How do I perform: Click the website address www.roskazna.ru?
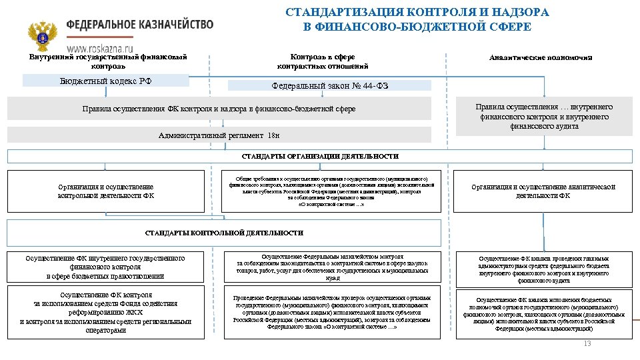99,49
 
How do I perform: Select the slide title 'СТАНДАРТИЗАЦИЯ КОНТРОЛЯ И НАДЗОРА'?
417,13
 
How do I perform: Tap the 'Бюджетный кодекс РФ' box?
106,81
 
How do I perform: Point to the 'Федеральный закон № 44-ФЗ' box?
329,86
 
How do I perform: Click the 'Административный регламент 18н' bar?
220,135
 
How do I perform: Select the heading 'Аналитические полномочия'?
540,58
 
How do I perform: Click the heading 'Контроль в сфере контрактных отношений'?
323,61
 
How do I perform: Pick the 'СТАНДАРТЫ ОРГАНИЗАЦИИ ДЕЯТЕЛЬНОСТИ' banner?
320,157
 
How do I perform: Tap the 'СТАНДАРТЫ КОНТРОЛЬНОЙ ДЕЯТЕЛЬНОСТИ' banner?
224,233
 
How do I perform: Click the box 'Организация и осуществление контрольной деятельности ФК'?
106,191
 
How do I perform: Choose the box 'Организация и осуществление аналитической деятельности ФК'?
543,191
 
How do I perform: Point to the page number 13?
587,343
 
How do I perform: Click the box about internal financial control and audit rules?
543,117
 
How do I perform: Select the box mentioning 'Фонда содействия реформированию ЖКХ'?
106,312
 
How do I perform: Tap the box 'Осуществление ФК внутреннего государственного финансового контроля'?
106,267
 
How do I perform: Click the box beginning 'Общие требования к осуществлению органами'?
331,191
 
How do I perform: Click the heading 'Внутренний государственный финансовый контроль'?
108,61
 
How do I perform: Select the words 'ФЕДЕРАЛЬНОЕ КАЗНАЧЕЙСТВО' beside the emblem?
139,25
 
